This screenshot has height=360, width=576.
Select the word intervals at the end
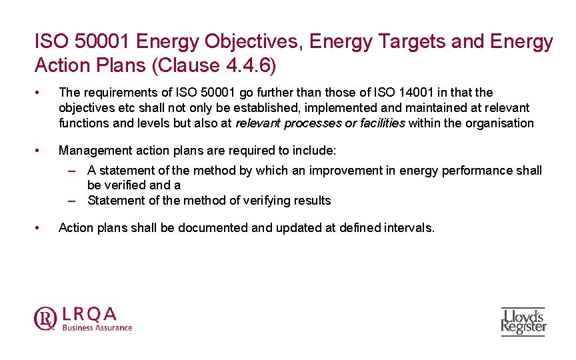click(408, 227)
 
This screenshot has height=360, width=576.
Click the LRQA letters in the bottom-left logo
click(89, 313)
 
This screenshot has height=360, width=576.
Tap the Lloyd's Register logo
click(523, 321)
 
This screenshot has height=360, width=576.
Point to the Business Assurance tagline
click(97, 327)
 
